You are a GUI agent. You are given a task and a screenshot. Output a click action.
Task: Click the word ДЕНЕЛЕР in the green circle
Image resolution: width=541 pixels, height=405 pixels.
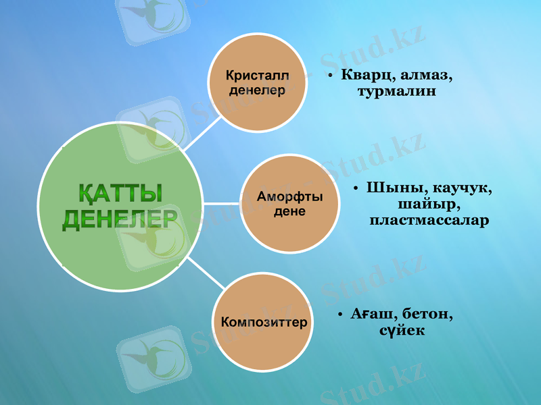click(120, 219)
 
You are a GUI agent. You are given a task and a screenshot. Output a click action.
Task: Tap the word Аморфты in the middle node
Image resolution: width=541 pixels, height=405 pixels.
click(290, 196)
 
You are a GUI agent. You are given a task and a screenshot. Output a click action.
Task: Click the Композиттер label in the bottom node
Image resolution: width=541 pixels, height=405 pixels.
click(264, 322)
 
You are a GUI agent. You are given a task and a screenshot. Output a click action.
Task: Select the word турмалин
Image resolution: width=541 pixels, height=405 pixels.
click(397, 92)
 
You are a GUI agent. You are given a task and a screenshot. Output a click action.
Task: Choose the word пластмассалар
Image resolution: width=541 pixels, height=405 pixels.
click(429, 220)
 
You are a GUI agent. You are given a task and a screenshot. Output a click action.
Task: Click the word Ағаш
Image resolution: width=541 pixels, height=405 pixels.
click(374, 315)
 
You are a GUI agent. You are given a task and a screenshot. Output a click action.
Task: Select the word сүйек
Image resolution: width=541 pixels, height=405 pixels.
click(402, 331)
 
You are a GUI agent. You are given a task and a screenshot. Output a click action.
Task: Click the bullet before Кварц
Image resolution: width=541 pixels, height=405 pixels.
click(329, 76)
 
